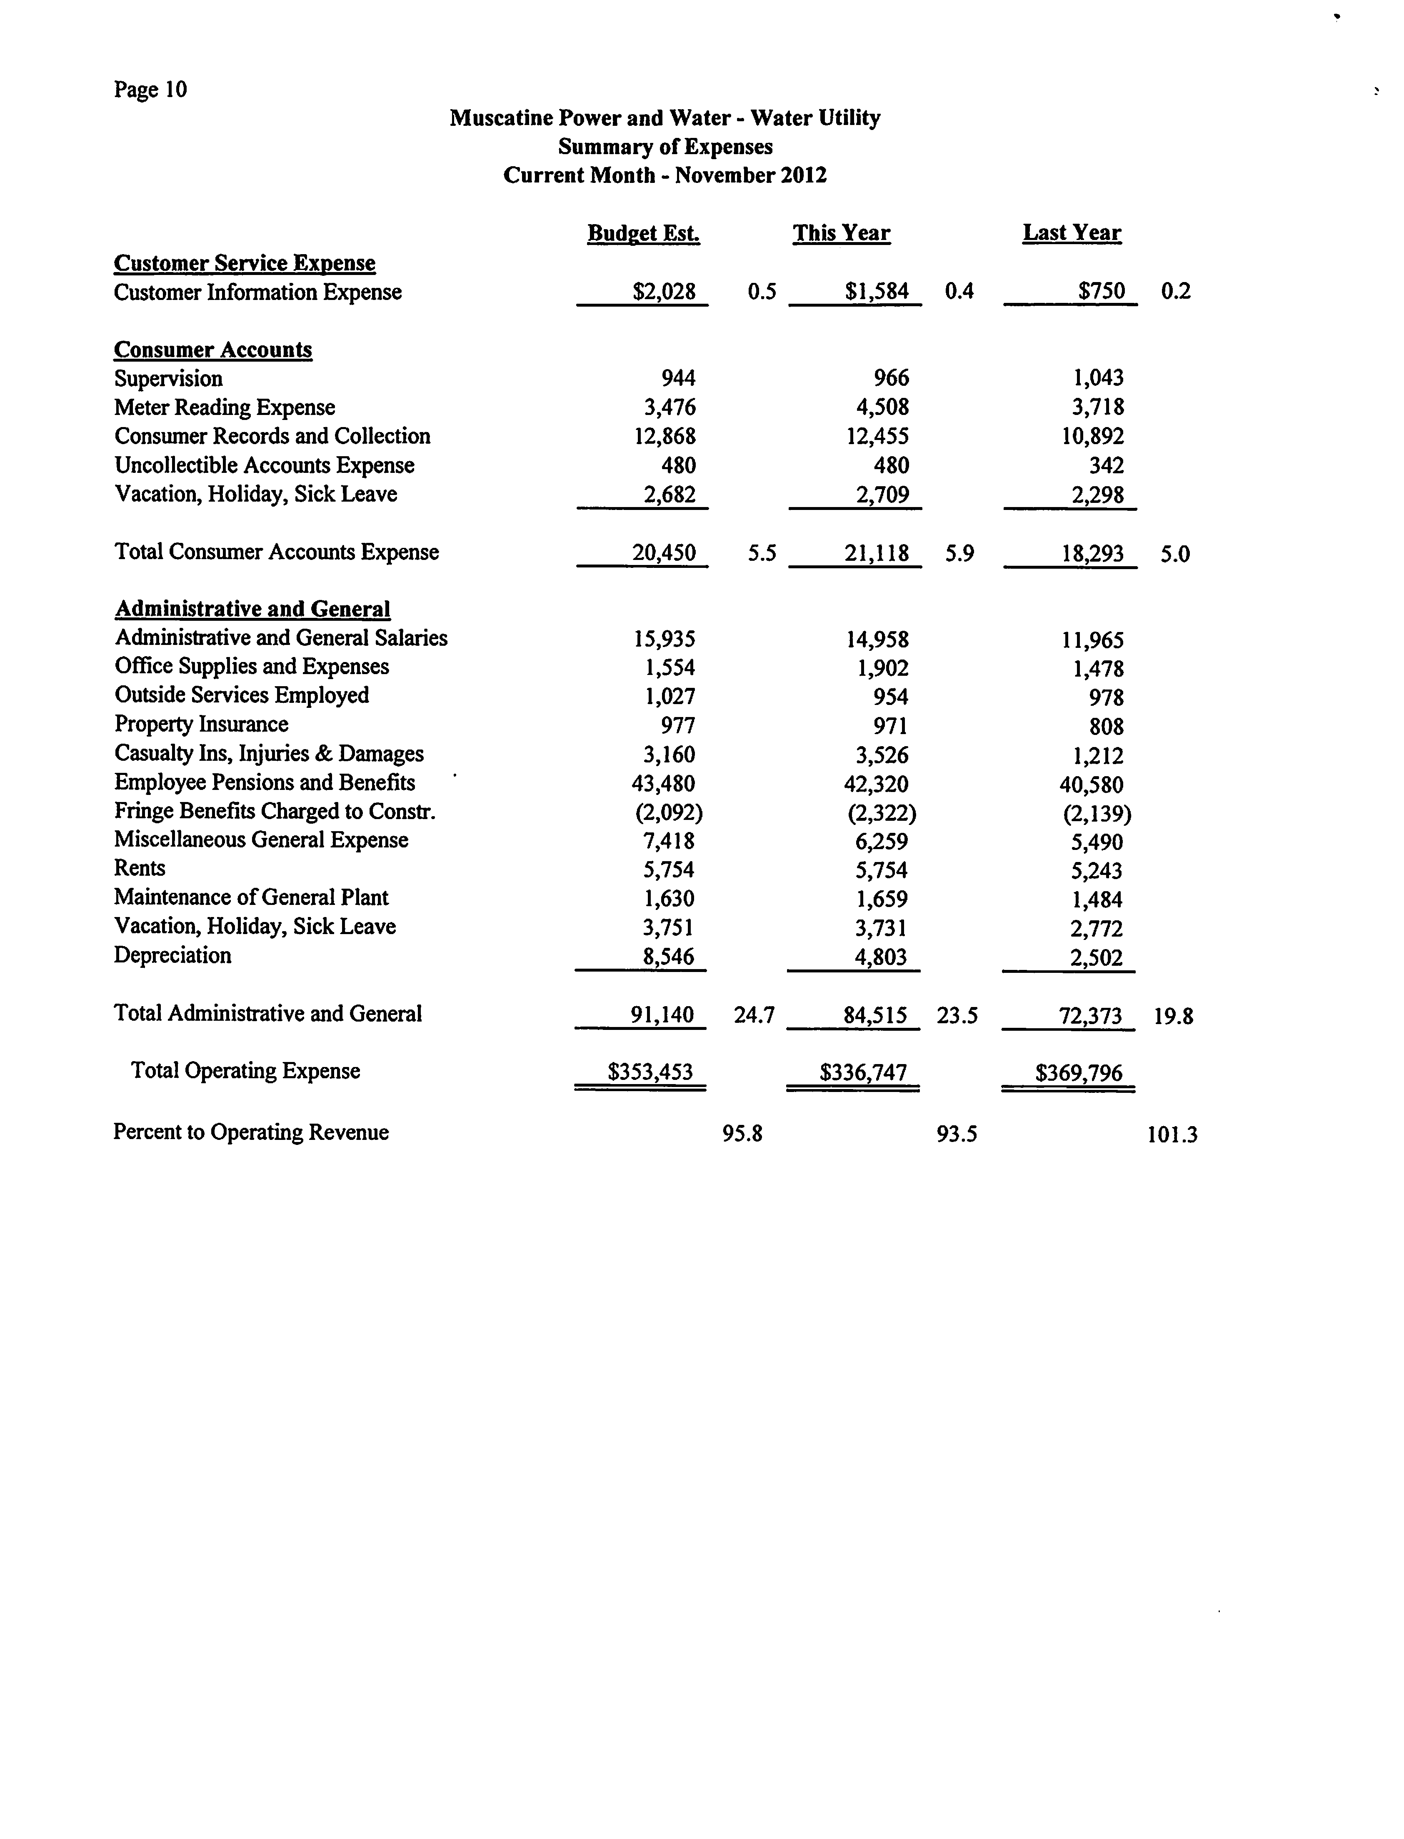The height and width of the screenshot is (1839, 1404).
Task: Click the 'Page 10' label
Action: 150,90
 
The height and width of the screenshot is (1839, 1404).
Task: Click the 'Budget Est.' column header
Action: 644,233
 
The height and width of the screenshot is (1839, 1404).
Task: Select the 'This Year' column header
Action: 842,233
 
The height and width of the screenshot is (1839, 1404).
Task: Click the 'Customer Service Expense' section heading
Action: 245,263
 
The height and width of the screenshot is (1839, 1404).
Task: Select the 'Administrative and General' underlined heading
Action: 252,609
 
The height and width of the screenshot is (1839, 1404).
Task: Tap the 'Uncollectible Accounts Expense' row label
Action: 264,465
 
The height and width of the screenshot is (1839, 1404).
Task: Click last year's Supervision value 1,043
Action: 1098,378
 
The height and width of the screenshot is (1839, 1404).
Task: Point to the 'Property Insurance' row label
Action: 201,725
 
